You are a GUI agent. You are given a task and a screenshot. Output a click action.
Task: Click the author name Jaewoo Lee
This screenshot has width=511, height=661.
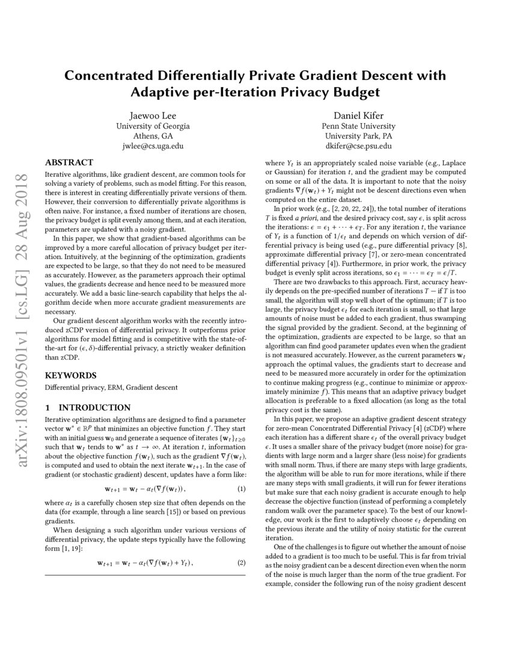pyautogui.click(x=153, y=115)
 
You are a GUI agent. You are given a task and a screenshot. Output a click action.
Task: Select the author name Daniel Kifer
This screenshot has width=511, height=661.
pyautogui.click(x=358, y=115)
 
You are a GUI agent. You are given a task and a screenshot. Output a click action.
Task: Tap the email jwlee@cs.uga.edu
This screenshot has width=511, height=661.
pyautogui.click(x=153, y=146)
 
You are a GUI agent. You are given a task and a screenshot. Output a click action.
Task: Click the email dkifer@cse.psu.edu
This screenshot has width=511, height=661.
pyautogui.click(x=358, y=146)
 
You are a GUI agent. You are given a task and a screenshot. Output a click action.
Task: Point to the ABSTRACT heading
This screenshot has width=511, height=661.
pyautogui.click(x=69, y=162)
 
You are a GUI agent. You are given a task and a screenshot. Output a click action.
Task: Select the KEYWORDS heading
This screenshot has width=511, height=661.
pyautogui.click(x=71, y=375)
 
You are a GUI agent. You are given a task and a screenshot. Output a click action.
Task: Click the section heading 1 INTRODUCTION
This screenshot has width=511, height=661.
pyautogui.click(x=88, y=407)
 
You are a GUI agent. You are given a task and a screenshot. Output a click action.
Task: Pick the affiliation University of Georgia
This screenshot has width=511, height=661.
pyautogui.click(x=153, y=126)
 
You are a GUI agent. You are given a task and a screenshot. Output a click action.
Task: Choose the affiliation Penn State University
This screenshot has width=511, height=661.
pyautogui.click(x=358, y=126)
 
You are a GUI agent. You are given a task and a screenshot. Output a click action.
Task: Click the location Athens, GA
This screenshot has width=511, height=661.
pyautogui.click(x=153, y=136)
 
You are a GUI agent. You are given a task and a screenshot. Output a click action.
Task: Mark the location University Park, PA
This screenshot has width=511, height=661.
pyautogui.click(x=358, y=136)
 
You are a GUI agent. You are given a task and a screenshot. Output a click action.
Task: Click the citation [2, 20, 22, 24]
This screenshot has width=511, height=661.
pyautogui.click(x=339, y=207)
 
